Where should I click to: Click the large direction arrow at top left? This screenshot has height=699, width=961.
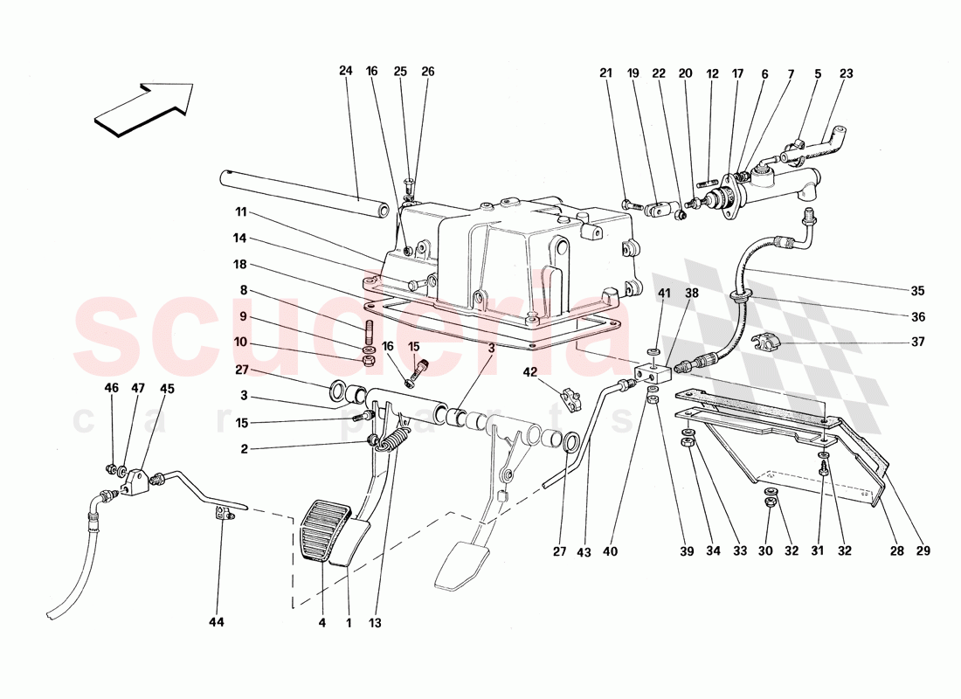[x=142, y=107]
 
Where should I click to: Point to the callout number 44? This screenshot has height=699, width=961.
[x=216, y=622]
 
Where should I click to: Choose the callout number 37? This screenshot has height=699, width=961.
[x=917, y=343]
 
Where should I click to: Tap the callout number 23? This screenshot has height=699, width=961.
[x=846, y=75]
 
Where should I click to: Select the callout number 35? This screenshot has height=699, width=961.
[x=917, y=291]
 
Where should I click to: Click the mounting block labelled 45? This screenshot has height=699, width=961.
[x=135, y=481]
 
